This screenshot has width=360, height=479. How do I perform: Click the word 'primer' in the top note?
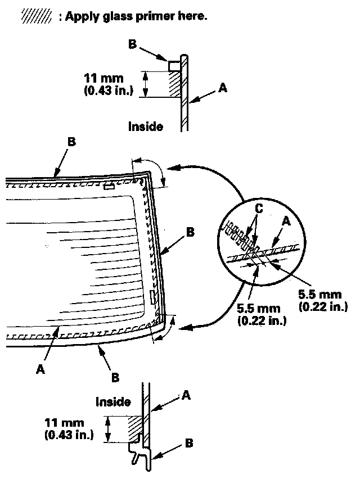click(161, 16)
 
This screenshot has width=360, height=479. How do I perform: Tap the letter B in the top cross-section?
click(133, 44)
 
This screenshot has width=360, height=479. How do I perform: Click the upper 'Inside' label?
click(146, 126)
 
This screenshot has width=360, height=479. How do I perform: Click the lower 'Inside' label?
click(113, 402)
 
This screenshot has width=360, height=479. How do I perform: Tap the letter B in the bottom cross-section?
click(188, 444)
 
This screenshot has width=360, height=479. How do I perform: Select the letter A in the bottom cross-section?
click(187, 396)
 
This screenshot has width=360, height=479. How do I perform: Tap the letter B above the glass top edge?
click(71, 142)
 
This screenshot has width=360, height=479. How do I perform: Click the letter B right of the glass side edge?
click(190, 231)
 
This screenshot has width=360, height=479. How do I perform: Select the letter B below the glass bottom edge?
click(115, 377)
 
